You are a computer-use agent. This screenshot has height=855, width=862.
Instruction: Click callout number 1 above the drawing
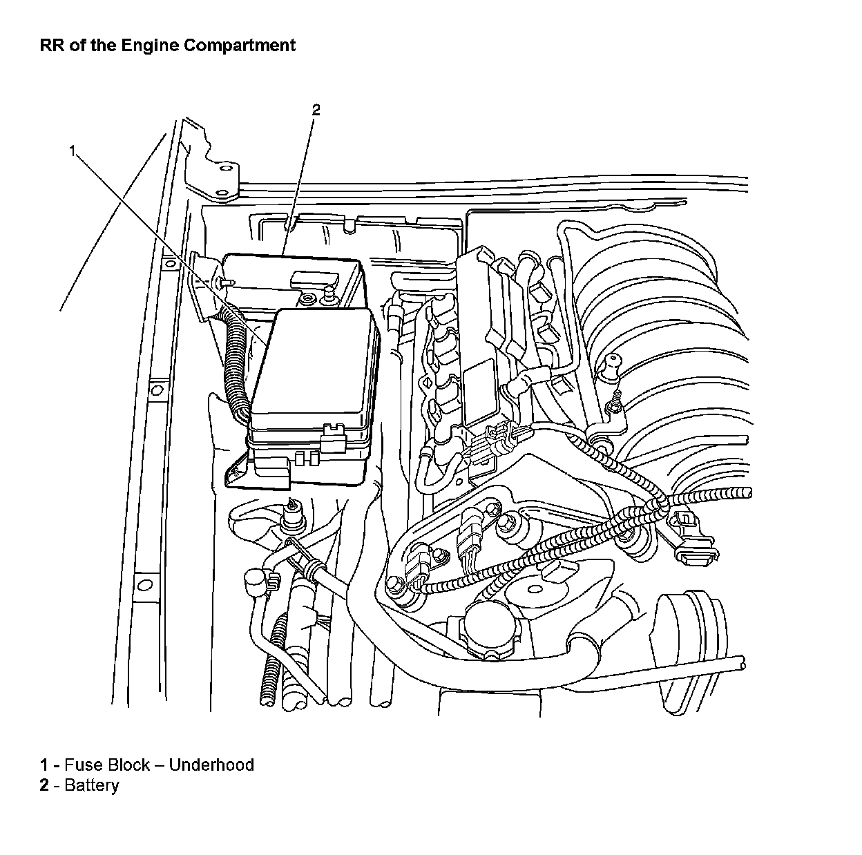tap(72, 151)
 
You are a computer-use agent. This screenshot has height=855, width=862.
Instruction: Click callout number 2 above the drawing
tap(316, 109)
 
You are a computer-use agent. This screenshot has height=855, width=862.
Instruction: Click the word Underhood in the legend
tap(211, 765)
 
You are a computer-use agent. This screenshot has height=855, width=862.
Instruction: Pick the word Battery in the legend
tap(91, 786)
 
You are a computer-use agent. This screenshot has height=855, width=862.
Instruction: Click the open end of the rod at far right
tap(741, 662)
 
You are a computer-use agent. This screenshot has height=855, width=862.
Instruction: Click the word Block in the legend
tap(129, 765)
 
